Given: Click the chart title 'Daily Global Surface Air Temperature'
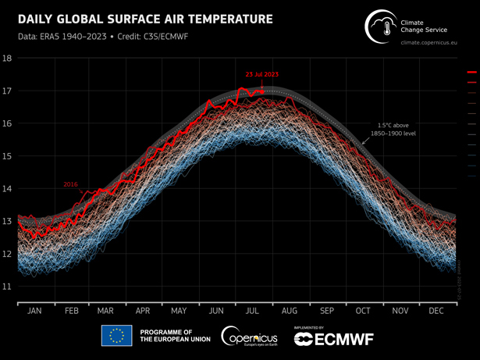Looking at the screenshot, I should [x=145, y=17].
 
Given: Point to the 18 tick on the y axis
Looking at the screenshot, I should [x=7, y=59].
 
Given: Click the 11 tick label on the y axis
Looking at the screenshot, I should [x=7, y=287].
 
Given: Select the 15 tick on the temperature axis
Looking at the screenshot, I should [x=7, y=156].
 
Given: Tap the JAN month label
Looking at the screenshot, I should [x=34, y=310].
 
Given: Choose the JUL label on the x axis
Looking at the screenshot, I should [x=254, y=310].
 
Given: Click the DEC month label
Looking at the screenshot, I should [x=436, y=310].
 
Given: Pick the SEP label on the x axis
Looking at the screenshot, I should [x=326, y=310].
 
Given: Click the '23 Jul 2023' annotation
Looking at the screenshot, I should [x=261, y=74].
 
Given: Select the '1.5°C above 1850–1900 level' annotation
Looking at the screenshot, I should [x=400, y=129].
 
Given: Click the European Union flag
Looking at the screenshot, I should [x=116, y=336].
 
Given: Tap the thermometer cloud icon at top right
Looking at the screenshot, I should [x=380, y=27].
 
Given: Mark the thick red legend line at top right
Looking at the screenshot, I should [x=471, y=73].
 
